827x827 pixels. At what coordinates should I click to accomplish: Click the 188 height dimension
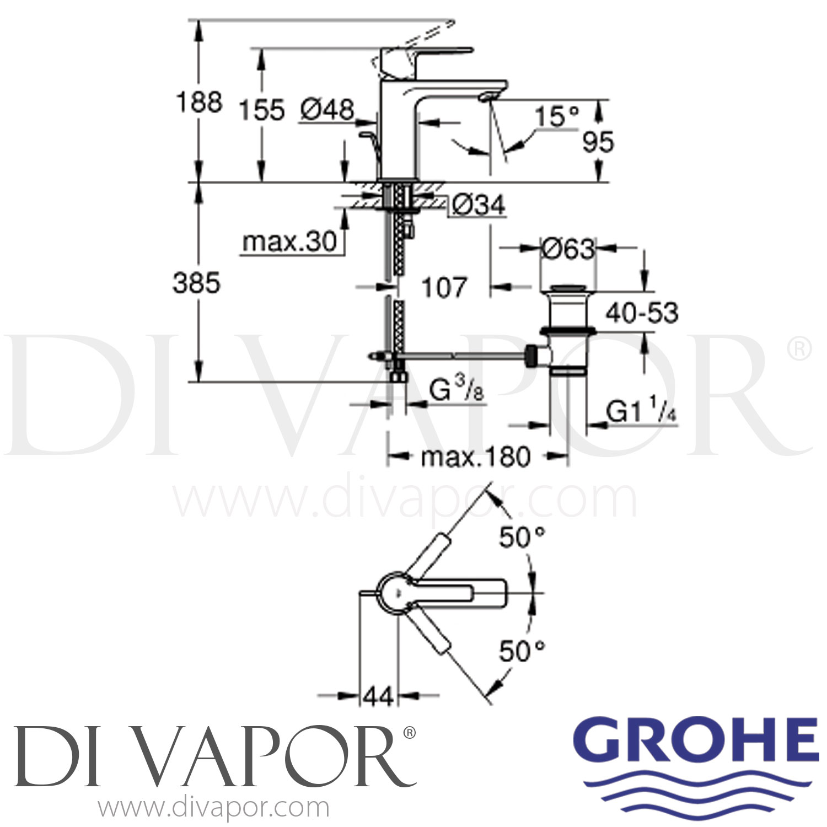click(199, 103)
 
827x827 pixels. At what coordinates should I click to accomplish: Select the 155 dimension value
click(261, 110)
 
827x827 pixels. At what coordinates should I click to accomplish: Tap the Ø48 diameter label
click(327, 110)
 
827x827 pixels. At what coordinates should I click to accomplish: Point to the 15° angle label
click(557, 117)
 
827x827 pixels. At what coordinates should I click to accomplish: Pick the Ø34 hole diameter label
click(478, 206)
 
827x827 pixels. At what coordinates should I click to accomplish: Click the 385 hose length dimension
click(196, 283)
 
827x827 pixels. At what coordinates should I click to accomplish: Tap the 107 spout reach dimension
click(444, 287)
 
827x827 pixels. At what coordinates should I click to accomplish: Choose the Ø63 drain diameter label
click(567, 249)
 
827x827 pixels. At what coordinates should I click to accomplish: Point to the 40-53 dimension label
click(642, 313)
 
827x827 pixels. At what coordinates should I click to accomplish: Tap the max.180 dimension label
click(475, 457)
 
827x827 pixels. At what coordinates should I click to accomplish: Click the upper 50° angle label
click(522, 537)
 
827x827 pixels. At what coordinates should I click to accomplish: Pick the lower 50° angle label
click(522, 651)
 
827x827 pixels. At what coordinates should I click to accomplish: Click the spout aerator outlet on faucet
click(487, 98)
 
